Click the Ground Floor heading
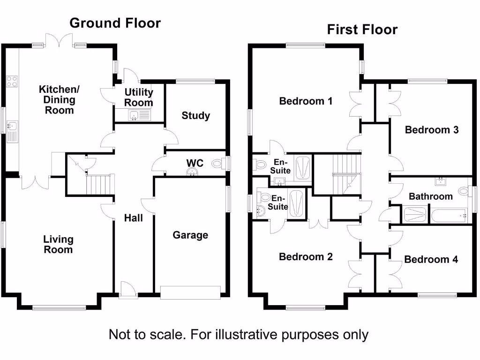(115, 23)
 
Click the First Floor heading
(362, 30)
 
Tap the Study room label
(196, 115)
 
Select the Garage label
(190, 235)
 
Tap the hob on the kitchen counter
(12, 81)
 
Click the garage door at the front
(190, 292)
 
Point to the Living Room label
(58, 245)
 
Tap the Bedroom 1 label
(306, 101)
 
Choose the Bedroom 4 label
(431, 259)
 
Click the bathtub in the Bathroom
(449, 216)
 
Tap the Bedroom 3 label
(432, 130)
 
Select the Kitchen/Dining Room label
(57, 99)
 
